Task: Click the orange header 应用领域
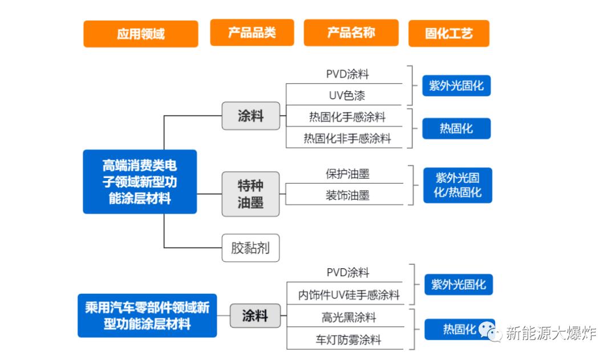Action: pyautogui.click(x=140, y=34)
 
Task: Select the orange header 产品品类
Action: pyautogui.click(x=252, y=33)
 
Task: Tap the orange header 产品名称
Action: pyautogui.click(x=351, y=33)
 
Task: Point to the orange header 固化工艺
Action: pyautogui.click(x=448, y=33)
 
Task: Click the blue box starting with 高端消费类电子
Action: pyautogui.click(x=140, y=181)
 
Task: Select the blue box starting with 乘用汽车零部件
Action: pyautogui.click(x=147, y=315)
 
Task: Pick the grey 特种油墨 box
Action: pyautogui.click(x=250, y=194)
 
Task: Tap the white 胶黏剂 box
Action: pyautogui.click(x=250, y=248)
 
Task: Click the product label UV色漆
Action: pyautogui.click(x=347, y=95)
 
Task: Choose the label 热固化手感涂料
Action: pyautogui.click(x=347, y=117)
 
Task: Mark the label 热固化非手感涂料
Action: pyautogui.click(x=347, y=138)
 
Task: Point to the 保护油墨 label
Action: pyautogui.click(x=347, y=174)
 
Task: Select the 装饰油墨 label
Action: pyautogui.click(x=347, y=195)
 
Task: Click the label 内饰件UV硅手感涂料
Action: pyautogui.click(x=348, y=295)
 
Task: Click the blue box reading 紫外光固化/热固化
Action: pyautogui.click(x=457, y=185)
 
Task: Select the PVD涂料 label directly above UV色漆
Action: pyautogui.click(x=347, y=74)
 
